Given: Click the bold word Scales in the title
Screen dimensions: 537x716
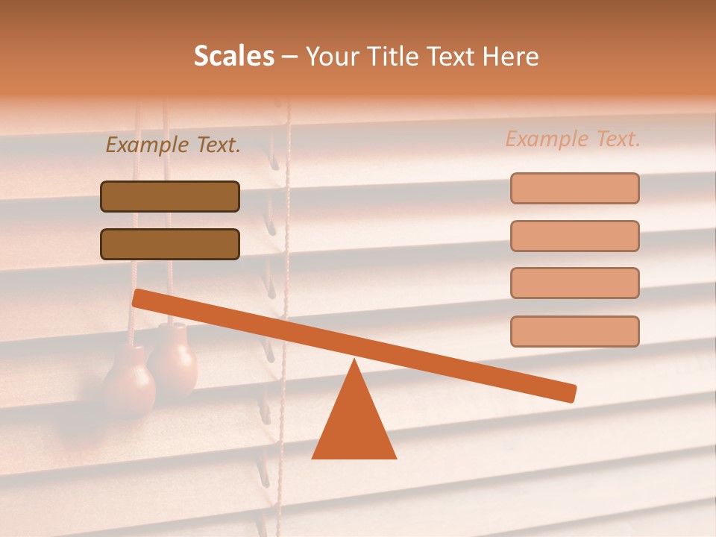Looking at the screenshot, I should pos(233,57).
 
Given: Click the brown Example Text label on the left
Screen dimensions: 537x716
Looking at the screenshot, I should pos(173,145).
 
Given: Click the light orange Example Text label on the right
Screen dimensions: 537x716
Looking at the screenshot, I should pos(573,139).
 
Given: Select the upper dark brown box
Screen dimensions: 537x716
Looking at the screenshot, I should pos(170,196).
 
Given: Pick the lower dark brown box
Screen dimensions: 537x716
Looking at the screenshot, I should pos(170,244).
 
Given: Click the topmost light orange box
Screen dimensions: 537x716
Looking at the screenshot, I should pos(574,188).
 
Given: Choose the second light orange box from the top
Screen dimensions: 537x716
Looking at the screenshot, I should pos(574,236).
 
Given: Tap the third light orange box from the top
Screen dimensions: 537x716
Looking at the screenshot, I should pos(574,283).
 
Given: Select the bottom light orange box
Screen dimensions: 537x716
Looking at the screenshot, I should pos(574,331).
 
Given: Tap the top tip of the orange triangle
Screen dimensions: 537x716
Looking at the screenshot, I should pos(354,362).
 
